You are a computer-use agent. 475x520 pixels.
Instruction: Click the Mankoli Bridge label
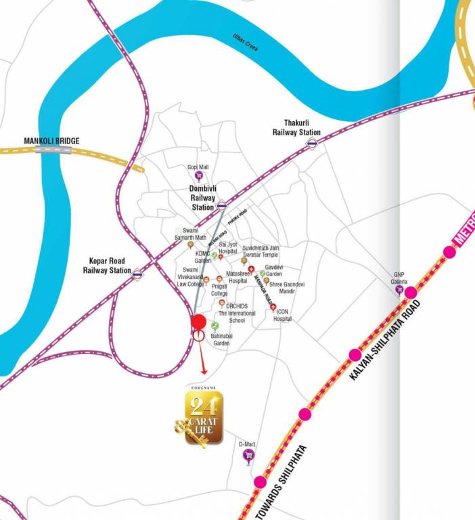51,141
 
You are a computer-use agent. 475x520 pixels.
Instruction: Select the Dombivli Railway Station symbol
221,206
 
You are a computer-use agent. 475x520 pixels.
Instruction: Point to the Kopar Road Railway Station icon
137,274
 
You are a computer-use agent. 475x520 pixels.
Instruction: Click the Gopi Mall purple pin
198,175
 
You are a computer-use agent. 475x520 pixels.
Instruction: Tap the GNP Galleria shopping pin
399,290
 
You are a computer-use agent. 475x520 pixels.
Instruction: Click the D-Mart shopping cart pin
248,455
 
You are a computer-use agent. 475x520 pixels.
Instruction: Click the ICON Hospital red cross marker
272,307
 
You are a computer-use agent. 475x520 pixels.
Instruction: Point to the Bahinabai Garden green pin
214,326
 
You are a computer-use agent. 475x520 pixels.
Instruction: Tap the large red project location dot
198,322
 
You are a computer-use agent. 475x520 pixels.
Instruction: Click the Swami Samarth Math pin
190,244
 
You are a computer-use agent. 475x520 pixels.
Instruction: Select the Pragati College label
219,290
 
